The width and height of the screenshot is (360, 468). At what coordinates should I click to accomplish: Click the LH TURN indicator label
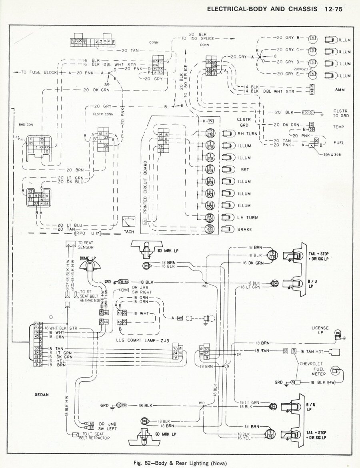247,217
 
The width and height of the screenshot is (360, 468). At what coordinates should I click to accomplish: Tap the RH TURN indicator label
247,134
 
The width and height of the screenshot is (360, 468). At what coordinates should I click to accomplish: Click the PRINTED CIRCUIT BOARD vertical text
146,188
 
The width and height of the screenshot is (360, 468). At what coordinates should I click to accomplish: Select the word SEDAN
41,394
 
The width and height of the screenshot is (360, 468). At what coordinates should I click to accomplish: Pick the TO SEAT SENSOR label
87,245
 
